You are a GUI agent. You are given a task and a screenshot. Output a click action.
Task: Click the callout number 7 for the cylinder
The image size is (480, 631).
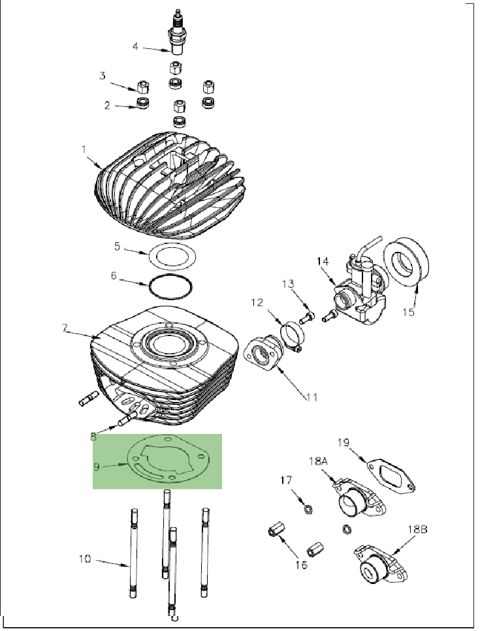click(x=65, y=329)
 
